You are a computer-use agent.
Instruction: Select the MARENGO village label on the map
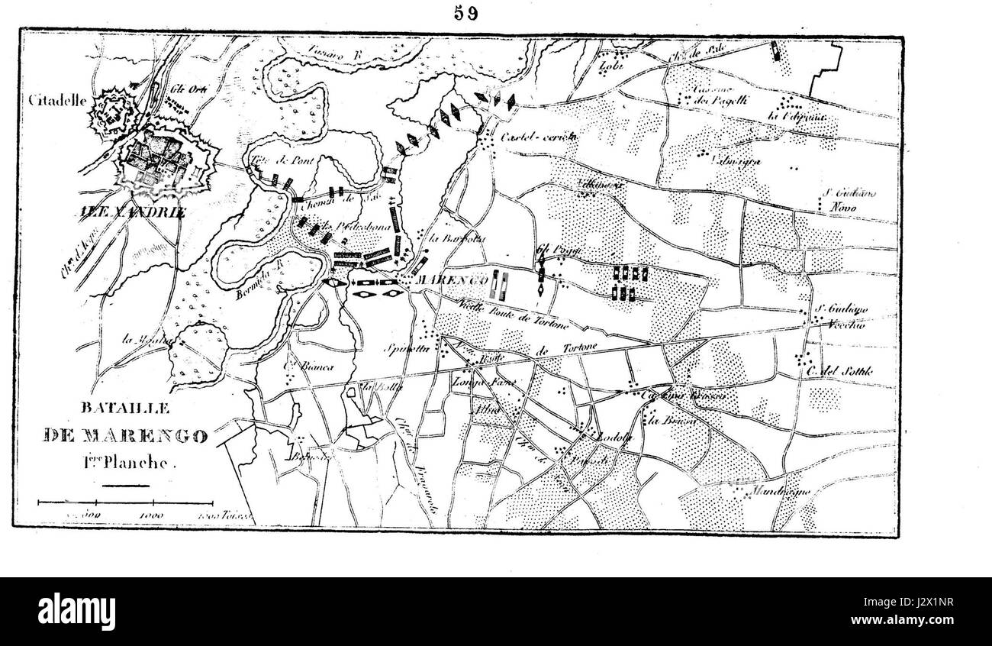tap(451, 282)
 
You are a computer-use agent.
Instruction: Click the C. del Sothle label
tap(839, 372)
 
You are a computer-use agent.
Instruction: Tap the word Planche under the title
tap(145, 461)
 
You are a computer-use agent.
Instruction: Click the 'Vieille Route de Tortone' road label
tap(513, 314)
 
